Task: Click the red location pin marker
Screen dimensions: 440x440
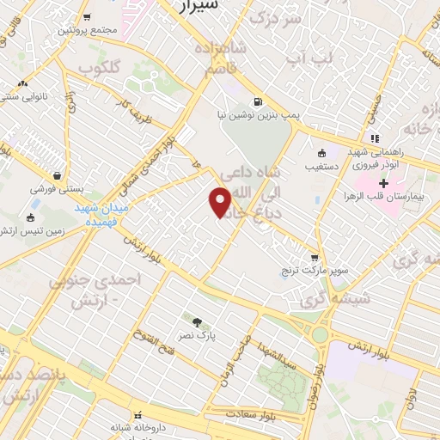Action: coord(220,202)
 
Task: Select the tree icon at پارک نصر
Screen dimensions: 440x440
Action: coord(199,322)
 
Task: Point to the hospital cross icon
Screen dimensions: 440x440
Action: coord(383,184)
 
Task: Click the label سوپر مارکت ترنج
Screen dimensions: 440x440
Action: coord(316,272)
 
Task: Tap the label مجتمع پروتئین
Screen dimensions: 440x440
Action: coord(87,29)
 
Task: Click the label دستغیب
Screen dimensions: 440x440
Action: coord(322,159)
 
